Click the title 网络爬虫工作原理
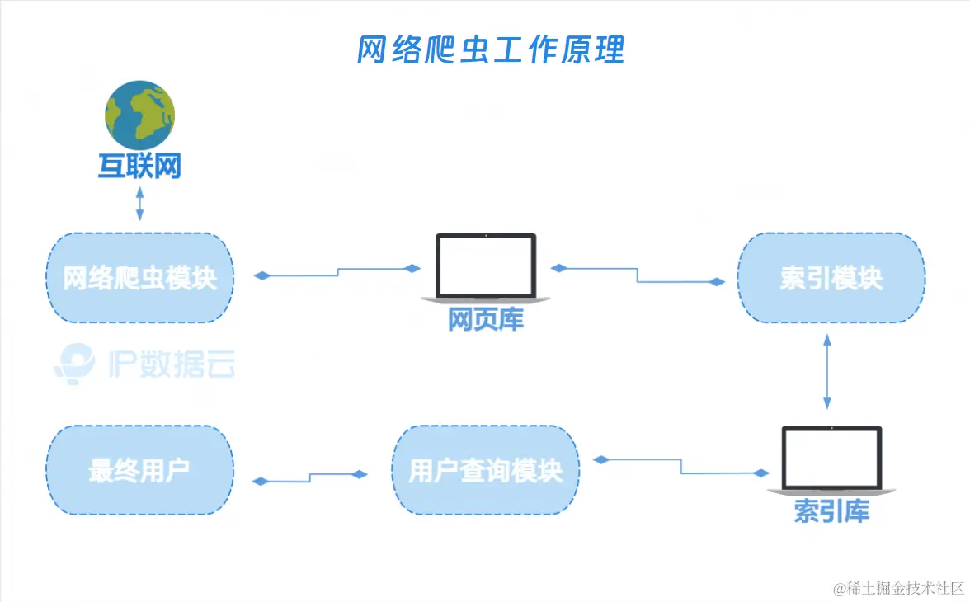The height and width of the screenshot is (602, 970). coord(491,50)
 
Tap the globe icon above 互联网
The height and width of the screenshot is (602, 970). coord(139,115)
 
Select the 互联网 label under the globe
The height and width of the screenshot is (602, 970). coord(139,167)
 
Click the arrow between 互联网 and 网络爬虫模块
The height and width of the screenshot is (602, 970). coord(139,204)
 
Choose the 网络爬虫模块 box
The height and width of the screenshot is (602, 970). coord(140,278)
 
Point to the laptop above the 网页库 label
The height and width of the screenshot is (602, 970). coord(486,266)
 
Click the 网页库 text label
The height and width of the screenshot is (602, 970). coord(486,320)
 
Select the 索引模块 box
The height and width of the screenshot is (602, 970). coord(831,278)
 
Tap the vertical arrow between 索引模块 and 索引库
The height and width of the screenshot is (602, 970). coord(826,371)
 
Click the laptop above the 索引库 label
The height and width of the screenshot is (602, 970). coord(831,459)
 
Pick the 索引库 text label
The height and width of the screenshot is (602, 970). coord(831,511)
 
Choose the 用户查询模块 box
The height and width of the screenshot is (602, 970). coord(486,471)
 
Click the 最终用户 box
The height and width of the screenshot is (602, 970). coord(139,471)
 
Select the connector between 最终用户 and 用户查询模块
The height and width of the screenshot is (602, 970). coord(309,477)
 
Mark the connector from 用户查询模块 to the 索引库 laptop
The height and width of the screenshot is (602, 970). coord(681,466)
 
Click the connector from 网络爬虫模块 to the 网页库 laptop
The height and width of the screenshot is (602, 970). coord(338,271)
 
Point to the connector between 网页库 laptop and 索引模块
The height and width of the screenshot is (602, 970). coord(637,275)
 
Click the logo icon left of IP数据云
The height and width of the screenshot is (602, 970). coord(74,363)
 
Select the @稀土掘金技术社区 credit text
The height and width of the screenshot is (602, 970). coord(898,588)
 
